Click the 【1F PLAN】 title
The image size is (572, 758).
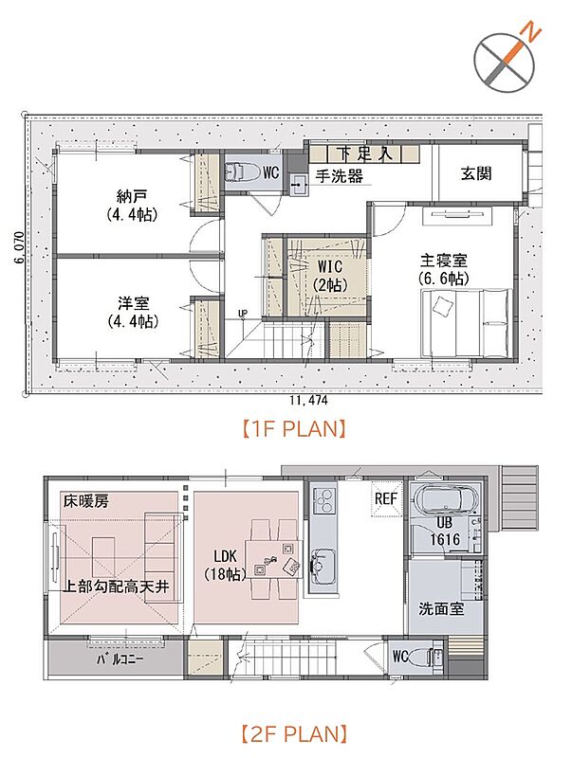[294, 429]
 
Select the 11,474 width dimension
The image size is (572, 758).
[308, 400]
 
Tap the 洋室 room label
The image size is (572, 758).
[133, 303]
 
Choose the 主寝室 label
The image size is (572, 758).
[443, 262]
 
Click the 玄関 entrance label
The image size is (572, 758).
[476, 173]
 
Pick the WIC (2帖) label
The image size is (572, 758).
[330, 275]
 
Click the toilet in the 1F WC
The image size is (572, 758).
[238, 172]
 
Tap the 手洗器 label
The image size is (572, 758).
[340, 176]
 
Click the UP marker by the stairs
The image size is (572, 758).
[243, 314]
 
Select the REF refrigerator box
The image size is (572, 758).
[386, 499]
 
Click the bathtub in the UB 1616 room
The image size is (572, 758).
[446, 499]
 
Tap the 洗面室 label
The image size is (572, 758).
[441, 608]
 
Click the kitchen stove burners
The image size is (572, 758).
[323, 500]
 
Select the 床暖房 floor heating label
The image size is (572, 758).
[85, 502]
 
